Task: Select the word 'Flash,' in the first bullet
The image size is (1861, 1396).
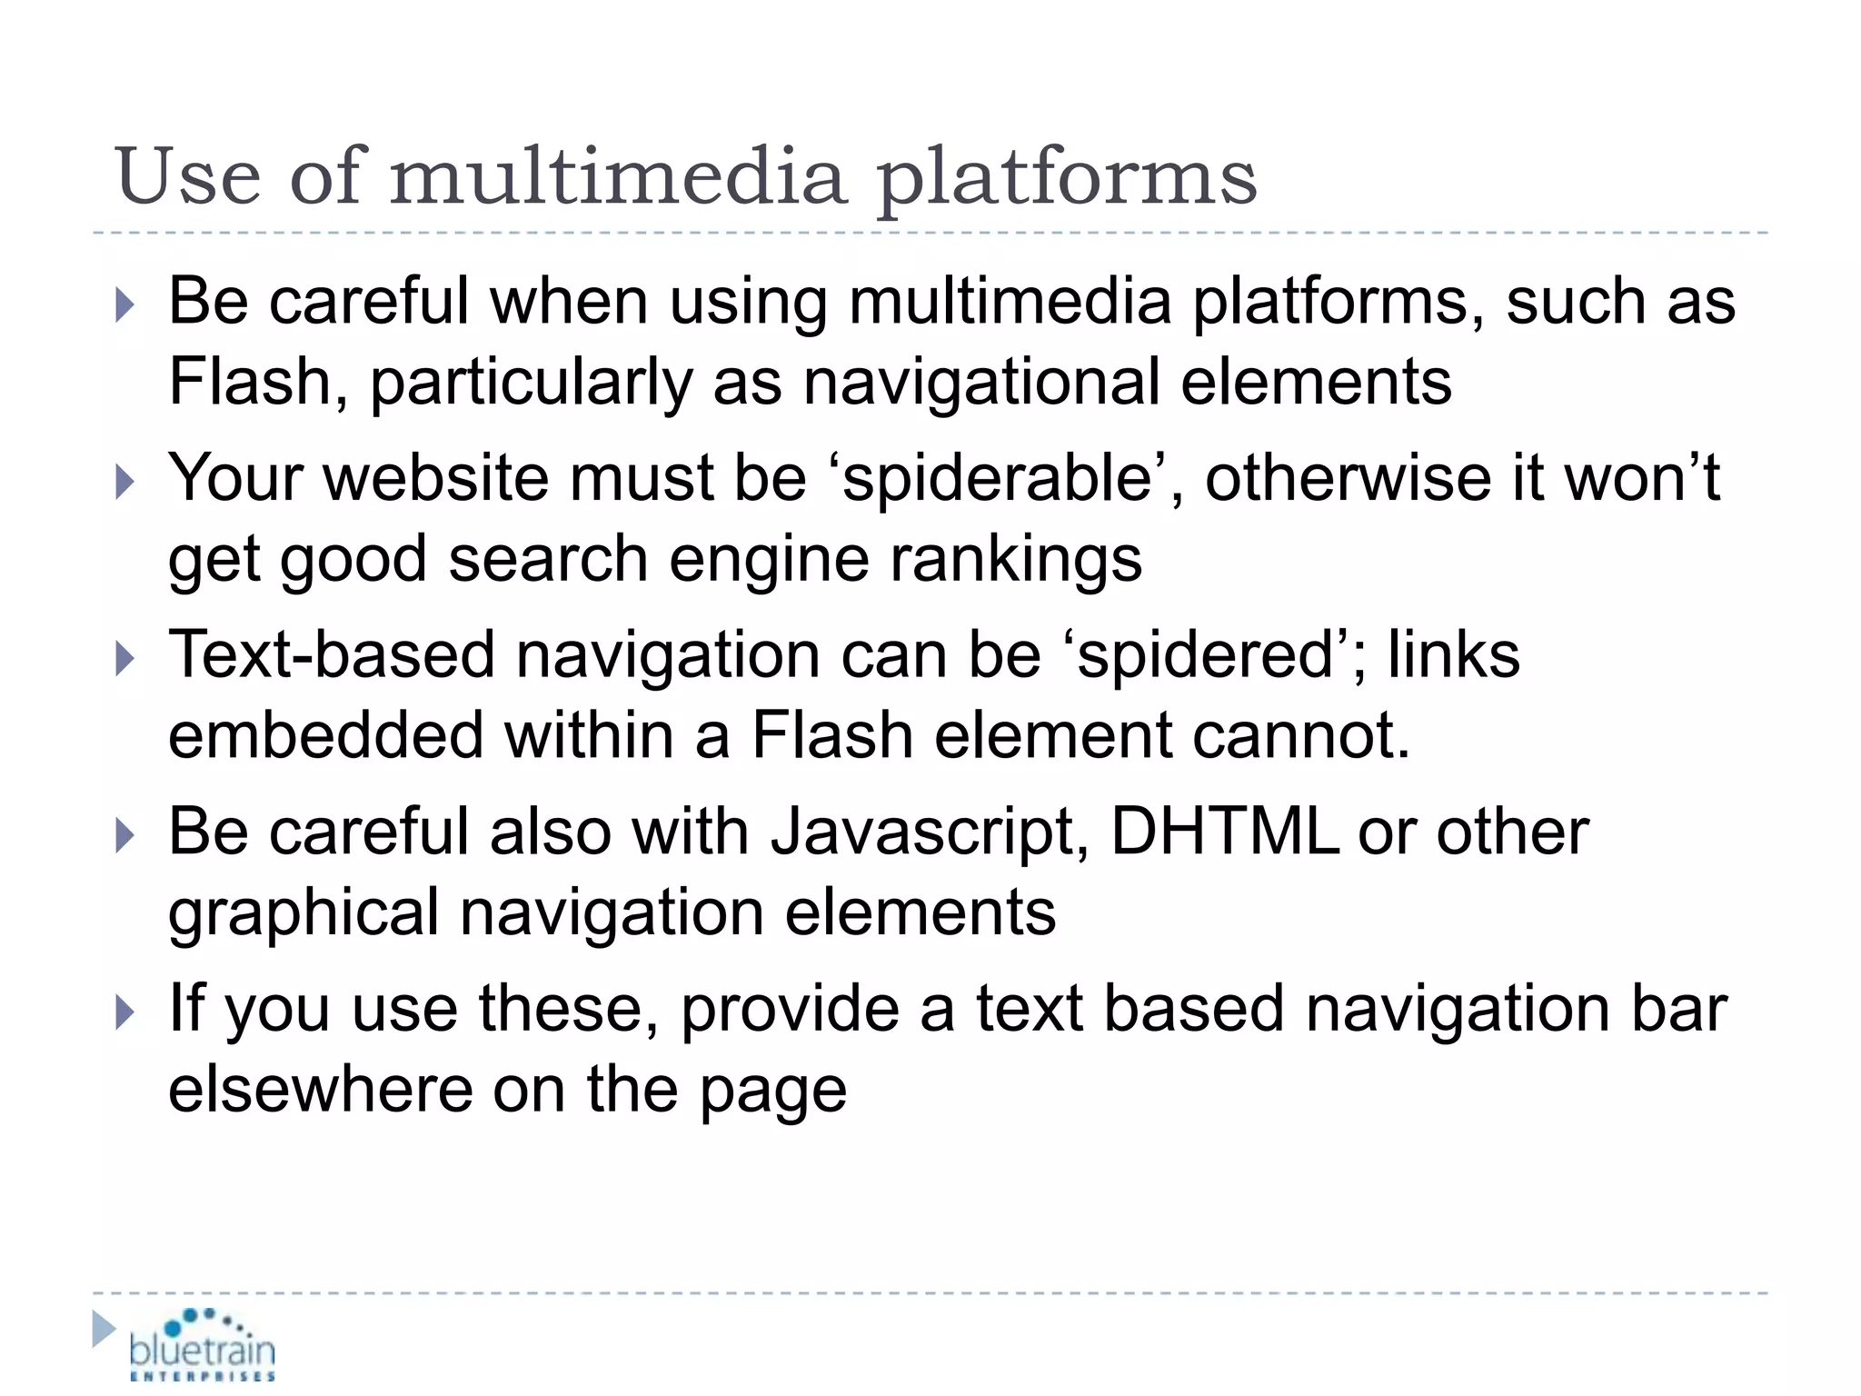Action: click(259, 382)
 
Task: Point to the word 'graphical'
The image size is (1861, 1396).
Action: click(304, 913)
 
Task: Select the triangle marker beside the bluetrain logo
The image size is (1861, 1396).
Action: click(104, 1330)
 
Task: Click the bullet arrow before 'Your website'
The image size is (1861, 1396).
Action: click(125, 482)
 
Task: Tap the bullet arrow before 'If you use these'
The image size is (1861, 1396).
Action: click(125, 1012)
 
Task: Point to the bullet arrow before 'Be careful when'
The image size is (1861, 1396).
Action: click(125, 305)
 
